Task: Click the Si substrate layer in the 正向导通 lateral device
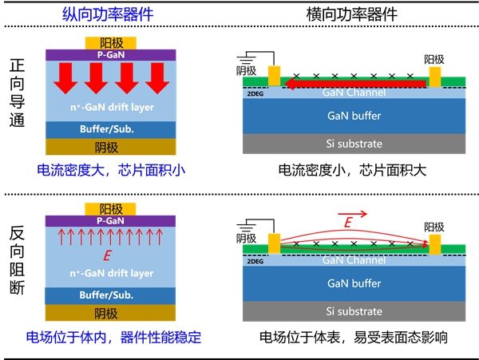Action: pos(354,144)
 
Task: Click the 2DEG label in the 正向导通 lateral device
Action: pos(255,93)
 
